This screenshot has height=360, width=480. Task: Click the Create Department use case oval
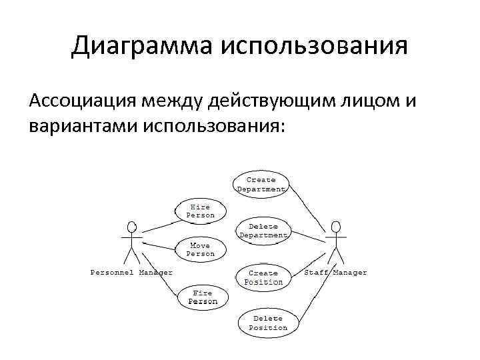(x=261, y=185)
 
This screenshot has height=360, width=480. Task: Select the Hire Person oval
(x=201, y=211)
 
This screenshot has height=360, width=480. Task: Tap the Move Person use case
(x=201, y=249)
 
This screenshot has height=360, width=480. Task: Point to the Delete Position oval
(x=267, y=323)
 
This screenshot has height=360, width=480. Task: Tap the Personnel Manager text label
(x=131, y=272)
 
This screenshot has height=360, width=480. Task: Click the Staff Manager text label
(x=335, y=272)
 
